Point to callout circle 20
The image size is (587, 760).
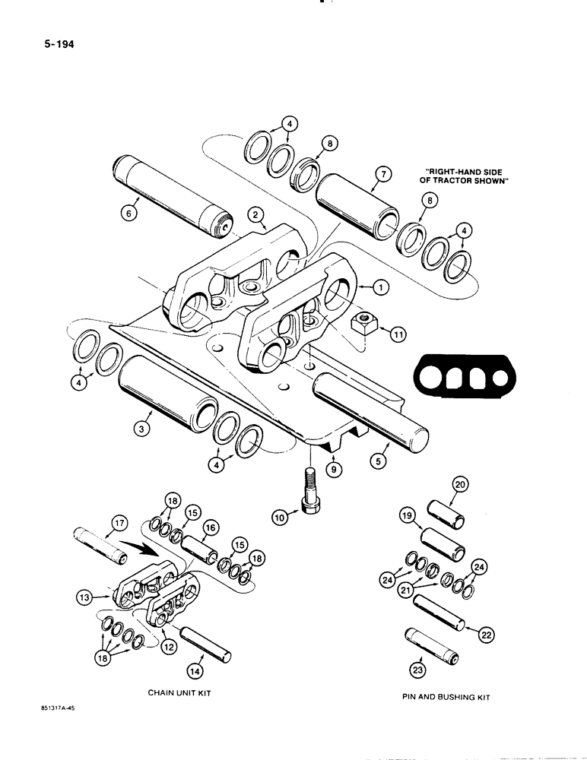pyautogui.click(x=459, y=484)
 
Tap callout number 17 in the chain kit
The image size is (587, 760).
pyautogui.click(x=119, y=523)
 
